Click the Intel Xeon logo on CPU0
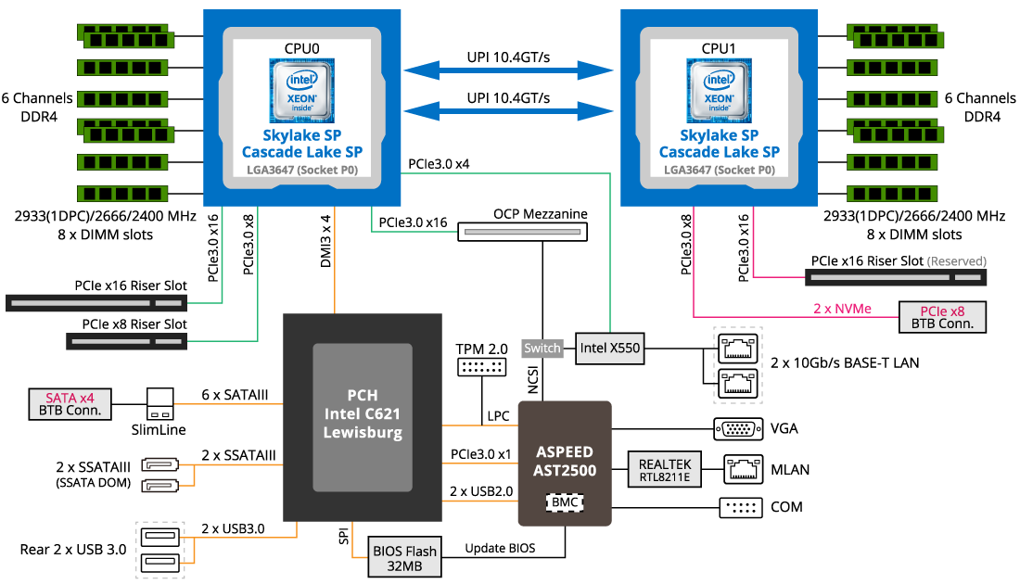click(302, 90)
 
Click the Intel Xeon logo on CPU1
click(719, 90)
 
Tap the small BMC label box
click(565, 502)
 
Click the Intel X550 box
click(607, 349)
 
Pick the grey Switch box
click(542, 349)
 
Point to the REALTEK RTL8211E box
click(665, 470)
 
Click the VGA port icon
click(737, 429)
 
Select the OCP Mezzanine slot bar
click(523, 232)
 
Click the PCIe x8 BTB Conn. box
click(941, 317)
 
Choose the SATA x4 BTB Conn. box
click(70, 404)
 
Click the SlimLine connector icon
click(160, 404)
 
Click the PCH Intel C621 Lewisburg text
click(362, 412)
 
